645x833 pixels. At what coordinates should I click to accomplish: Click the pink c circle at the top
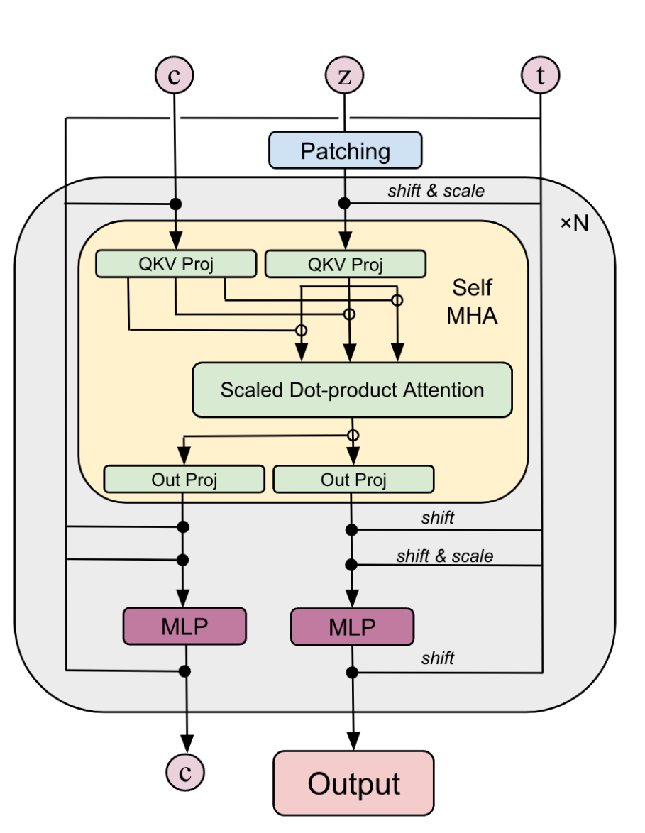pos(174,75)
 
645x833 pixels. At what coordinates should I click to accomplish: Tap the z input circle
pos(344,75)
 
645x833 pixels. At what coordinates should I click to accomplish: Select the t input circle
pos(541,75)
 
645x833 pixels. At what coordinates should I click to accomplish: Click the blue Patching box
pos(345,150)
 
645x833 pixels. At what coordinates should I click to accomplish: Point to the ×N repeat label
pos(574,224)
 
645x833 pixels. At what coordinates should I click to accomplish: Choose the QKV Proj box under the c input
pos(175,264)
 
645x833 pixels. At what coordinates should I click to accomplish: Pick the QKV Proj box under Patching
pos(345,265)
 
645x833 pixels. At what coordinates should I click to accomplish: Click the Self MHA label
pos(472,302)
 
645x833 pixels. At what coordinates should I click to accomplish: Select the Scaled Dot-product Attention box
pos(352,390)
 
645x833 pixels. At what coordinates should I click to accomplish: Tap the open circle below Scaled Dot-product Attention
pos(353,435)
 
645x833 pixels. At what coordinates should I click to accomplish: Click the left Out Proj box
pos(184,479)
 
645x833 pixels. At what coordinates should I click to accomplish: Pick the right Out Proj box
pos(353,479)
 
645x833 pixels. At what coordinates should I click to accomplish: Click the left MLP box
pos(184,626)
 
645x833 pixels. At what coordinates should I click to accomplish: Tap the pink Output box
pos(353,783)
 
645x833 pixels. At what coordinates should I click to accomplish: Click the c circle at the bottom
pos(185,772)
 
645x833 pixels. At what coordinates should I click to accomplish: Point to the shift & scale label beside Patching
pos(436,190)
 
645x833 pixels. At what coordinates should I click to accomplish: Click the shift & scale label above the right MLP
pos(444,556)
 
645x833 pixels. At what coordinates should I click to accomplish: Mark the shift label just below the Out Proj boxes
pos(437,517)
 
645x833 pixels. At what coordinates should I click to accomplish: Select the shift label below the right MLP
pos(437,658)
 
